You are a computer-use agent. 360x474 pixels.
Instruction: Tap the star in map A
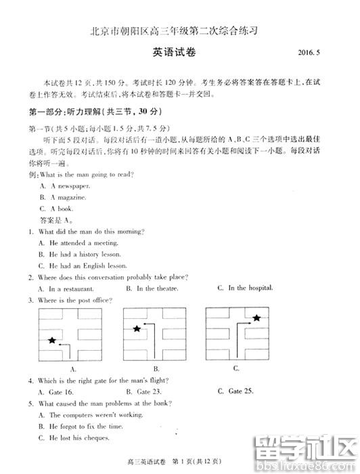click(53, 340)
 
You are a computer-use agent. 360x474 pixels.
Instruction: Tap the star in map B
click(137, 328)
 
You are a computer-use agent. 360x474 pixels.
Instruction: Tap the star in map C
click(256, 318)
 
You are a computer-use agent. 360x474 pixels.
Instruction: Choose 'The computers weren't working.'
click(91, 414)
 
